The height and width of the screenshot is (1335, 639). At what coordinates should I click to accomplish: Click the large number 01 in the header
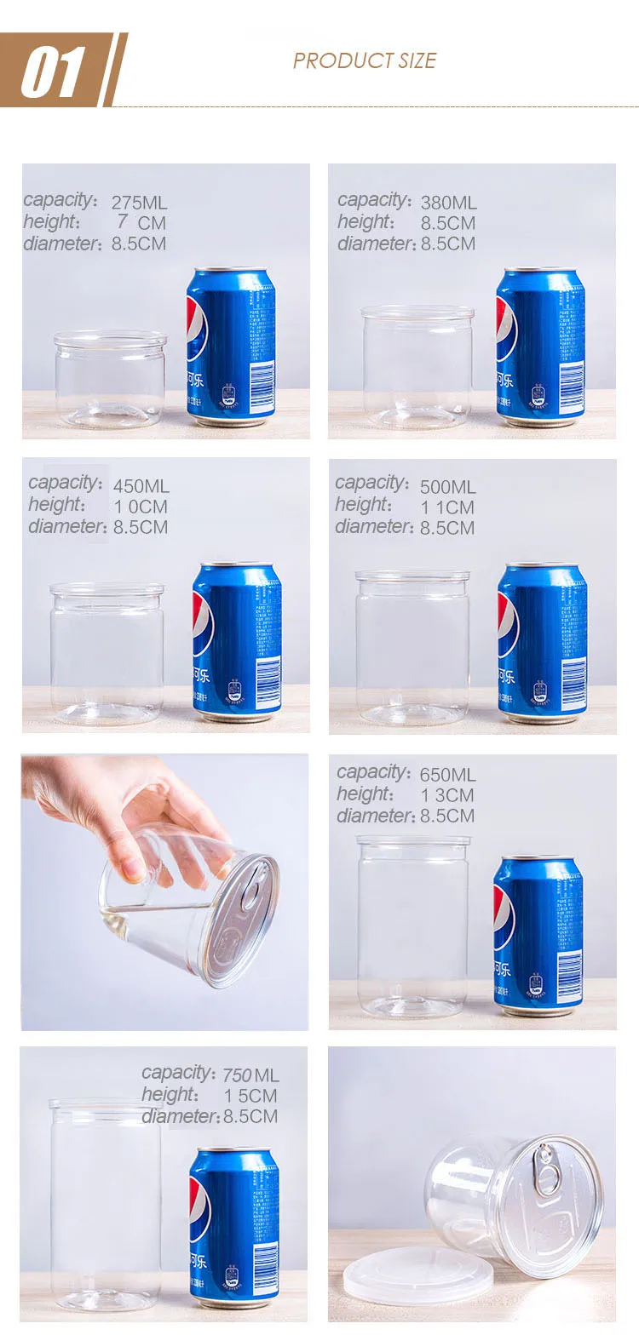click(x=53, y=71)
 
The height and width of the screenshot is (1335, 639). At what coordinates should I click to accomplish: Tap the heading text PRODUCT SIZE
click(x=364, y=60)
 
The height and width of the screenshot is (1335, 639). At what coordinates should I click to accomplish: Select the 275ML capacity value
click(x=139, y=203)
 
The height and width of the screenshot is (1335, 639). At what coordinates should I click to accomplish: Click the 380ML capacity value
click(x=448, y=203)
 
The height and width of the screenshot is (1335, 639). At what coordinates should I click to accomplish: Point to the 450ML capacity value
click(x=141, y=486)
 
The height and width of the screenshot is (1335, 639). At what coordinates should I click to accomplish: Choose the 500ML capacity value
click(x=447, y=487)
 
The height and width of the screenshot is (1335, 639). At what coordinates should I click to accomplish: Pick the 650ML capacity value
click(x=447, y=775)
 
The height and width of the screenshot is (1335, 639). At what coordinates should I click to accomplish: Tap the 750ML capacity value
click(x=250, y=1075)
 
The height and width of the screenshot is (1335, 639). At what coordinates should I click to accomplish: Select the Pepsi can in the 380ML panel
click(x=540, y=347)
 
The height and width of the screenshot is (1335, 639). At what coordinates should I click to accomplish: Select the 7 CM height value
click(x=141, y=223)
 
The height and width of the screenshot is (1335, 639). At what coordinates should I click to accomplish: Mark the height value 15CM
click(x=250, y=1096)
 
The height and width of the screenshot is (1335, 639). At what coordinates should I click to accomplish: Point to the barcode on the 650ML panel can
click(x=569, y=965)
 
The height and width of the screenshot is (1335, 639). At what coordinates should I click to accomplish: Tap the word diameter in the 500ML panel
click(x=374, y=527)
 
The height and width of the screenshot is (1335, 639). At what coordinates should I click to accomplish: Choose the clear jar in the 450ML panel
click(x=106, y=653)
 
